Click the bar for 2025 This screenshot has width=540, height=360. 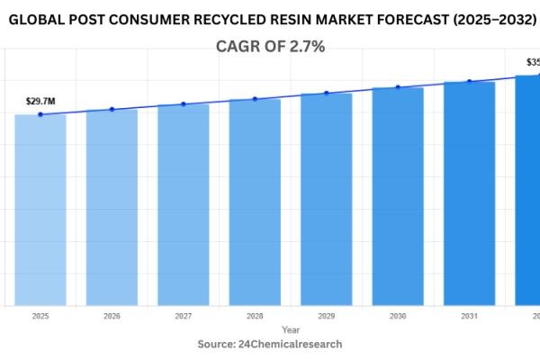coord(40,210)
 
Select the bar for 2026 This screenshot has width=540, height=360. coord(112,207)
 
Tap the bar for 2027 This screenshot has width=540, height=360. coord(184,204)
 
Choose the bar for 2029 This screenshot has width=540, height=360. coord(326,199)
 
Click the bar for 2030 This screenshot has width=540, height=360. coord(398,196)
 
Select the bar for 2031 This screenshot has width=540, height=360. coord(469,193)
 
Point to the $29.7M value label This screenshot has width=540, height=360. coord(40,102)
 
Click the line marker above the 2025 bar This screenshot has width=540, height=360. coord(40,114)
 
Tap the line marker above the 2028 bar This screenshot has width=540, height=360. coord(255,99)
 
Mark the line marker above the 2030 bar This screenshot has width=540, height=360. coord(398,87)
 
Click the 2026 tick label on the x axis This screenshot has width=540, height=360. coord(112,316)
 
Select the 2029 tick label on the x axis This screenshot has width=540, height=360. coord(326,316)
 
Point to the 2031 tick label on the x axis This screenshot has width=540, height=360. coord(469,316)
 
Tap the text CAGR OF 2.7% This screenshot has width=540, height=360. coord(270,47)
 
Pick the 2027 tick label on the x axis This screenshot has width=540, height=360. coord(184,316)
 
